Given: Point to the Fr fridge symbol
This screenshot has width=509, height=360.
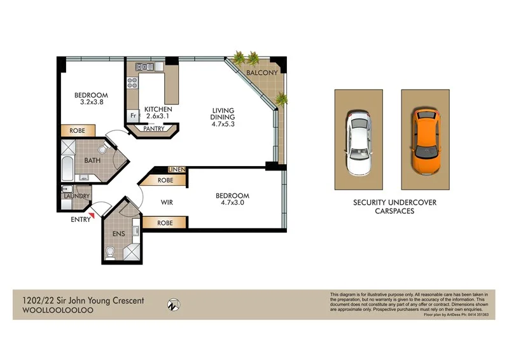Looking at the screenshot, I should pyautogui.click(x=134, y=116).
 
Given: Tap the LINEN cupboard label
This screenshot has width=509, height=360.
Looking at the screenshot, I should pyautogui.click(x=176, y=170).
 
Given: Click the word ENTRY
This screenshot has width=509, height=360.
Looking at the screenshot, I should pyautogui.click(x=81, y=221).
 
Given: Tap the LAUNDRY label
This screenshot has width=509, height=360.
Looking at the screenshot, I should pyautogui.click(x=77, y=197).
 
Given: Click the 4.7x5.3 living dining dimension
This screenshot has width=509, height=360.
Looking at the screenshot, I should pyautogui.click(x=223, y=125).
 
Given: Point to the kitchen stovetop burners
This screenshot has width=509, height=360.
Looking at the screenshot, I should pyautogui.click(x=142, y=66).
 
